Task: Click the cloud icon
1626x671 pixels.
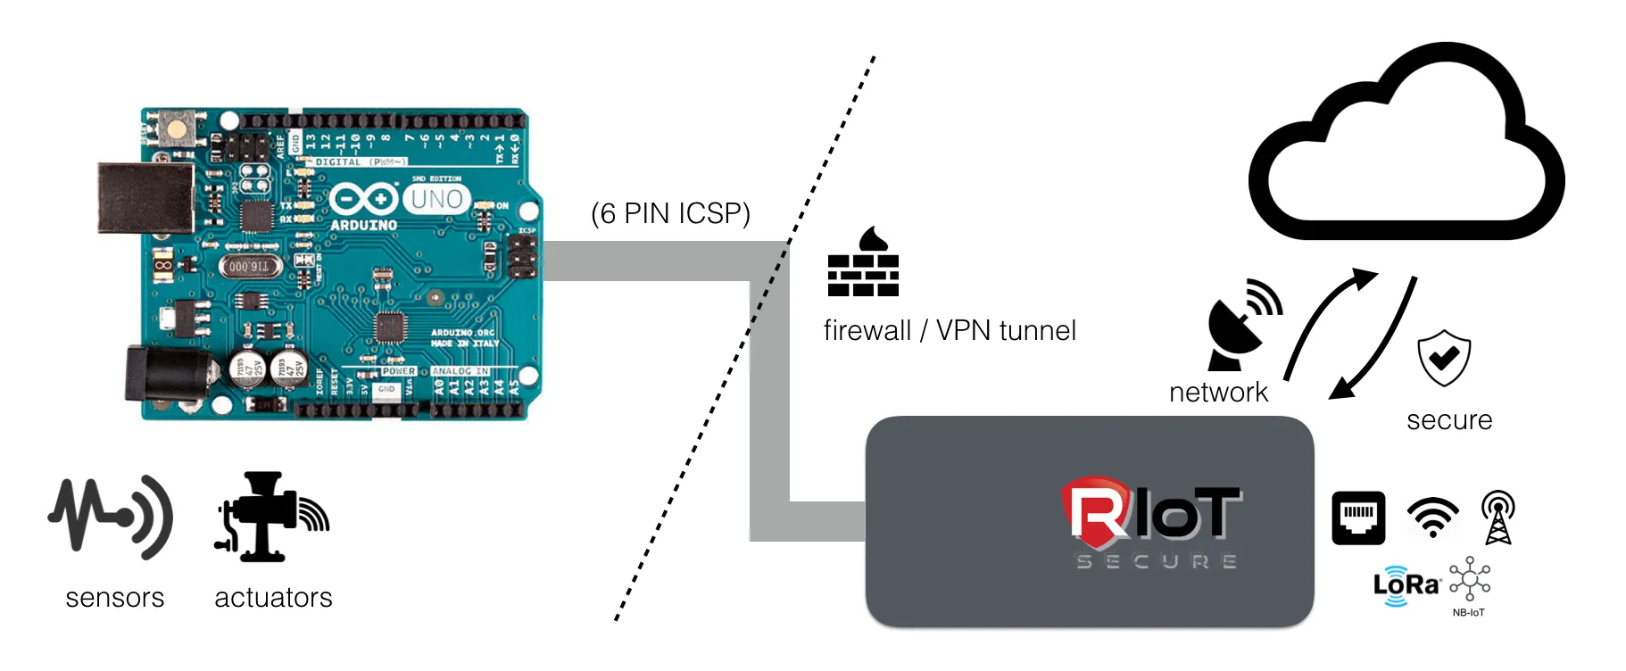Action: pyautogui.click(x=1406, y=147)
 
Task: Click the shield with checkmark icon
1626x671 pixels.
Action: pyautogui.click(x=1444, y=357)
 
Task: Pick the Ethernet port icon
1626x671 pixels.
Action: pyautogui.click(x=1358, y=518)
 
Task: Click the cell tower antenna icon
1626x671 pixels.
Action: pyautogui.click(x=1498, y=518)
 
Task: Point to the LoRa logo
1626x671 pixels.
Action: pyautogui.click(x=1406, y=585)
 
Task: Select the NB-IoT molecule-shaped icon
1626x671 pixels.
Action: pyautogui.click(x=1469, y=581)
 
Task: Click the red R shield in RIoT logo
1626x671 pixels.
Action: pyautogui.click(x=1096, y=513)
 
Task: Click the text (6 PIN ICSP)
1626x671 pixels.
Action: pyautogui.click(x=670, y=214)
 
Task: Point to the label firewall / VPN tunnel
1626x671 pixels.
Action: pyautogui.click(x=950, y=331)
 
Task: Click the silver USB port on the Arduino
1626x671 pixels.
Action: pyautogui.click(x=145, y=198)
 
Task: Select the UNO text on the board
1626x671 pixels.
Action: pyautogui.click(x=436, y=199)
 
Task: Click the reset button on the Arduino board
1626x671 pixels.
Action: pyautogui.click(x=177, y=128)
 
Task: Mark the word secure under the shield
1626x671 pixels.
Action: pyautogui.click(x=1449, y=420)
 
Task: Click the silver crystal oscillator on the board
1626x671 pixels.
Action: pyautogui.click(x=250, y=266)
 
